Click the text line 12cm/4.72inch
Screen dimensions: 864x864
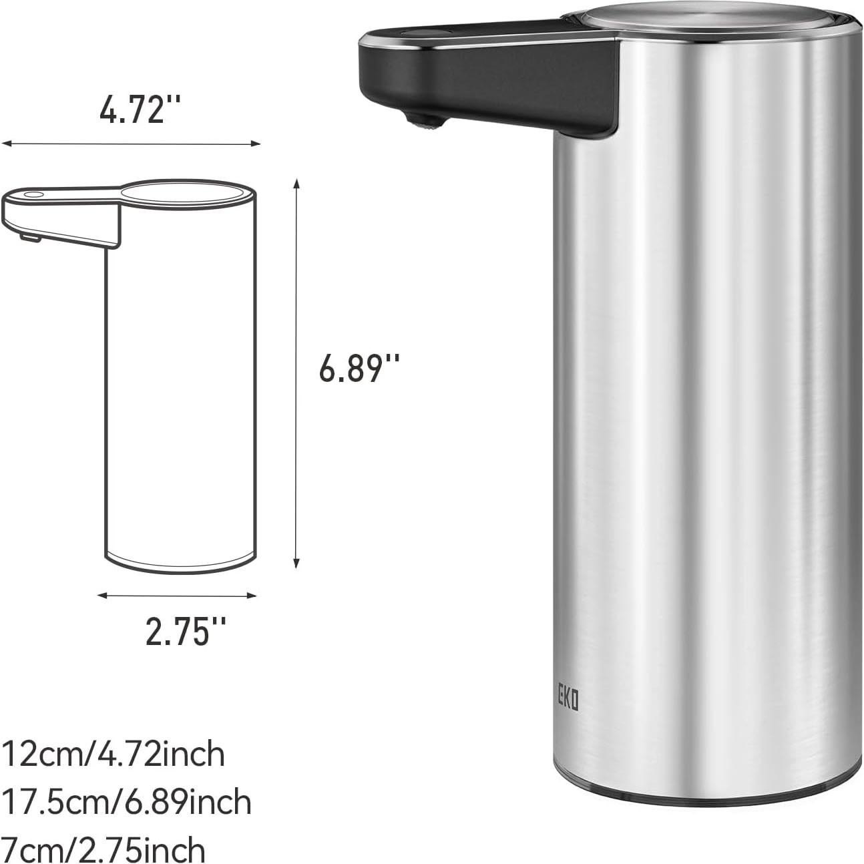(114, 755)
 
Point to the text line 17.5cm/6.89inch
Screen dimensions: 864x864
(127, 802)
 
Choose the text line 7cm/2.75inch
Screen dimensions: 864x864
(103, 849)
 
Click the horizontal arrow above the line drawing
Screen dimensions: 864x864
(131, 143)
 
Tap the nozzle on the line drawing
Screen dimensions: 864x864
(29, 236)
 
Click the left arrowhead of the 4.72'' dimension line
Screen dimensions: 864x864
(5, 143)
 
